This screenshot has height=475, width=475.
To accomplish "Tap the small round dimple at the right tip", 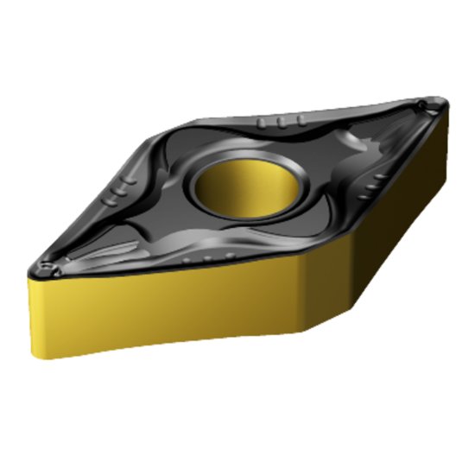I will (x=421, y=106).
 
